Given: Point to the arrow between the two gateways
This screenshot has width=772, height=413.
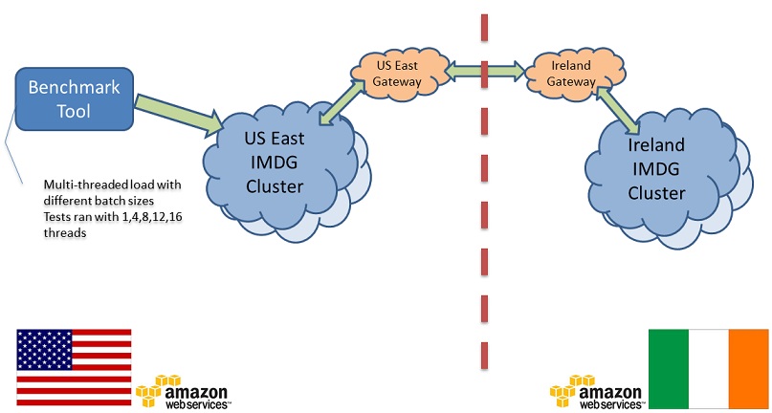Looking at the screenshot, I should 483,69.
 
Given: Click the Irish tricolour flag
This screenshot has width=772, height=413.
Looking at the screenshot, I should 708,368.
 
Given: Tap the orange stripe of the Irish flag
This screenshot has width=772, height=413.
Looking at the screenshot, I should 748,368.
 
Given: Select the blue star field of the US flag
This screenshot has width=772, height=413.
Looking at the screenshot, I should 43,350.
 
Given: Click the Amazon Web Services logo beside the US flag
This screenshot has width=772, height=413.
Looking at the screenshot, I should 182,392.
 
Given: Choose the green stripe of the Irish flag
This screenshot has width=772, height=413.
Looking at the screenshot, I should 668,368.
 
